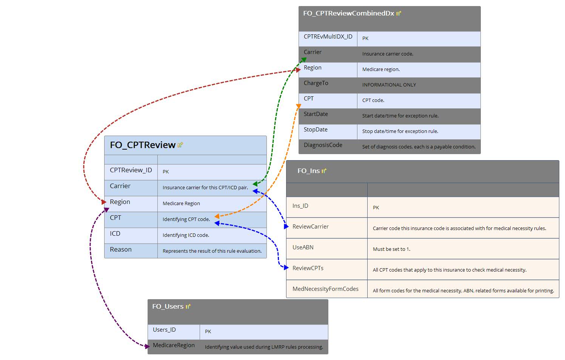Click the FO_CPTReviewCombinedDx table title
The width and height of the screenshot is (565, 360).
(348, 14)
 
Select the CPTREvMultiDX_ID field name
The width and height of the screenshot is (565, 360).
(328, 37)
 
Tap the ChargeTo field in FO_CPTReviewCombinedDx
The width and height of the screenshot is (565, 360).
(316, 83)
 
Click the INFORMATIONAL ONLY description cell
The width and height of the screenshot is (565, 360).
(389, 85)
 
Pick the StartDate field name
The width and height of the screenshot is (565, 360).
(316, 114)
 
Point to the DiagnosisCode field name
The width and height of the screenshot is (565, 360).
(323, 145)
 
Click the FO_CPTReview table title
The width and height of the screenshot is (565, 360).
(143, 145)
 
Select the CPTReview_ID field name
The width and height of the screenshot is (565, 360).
(131, 170)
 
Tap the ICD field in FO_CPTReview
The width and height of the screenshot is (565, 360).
(115, 233)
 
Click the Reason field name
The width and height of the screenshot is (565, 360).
(121, 249)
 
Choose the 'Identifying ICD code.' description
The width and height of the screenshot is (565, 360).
(186, 235)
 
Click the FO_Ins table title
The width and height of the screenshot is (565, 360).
(308, 171)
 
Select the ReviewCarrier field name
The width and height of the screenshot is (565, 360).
(310, 227)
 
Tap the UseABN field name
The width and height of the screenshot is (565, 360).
(303, 247)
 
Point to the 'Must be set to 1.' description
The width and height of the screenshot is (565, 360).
(391, 249)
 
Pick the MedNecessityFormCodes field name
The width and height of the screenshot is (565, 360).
(325, 289)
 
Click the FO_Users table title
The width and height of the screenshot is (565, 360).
(168, 306)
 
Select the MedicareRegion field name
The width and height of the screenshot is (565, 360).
(174, 345)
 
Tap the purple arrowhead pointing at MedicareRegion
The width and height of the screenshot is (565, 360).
(147, 346)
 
